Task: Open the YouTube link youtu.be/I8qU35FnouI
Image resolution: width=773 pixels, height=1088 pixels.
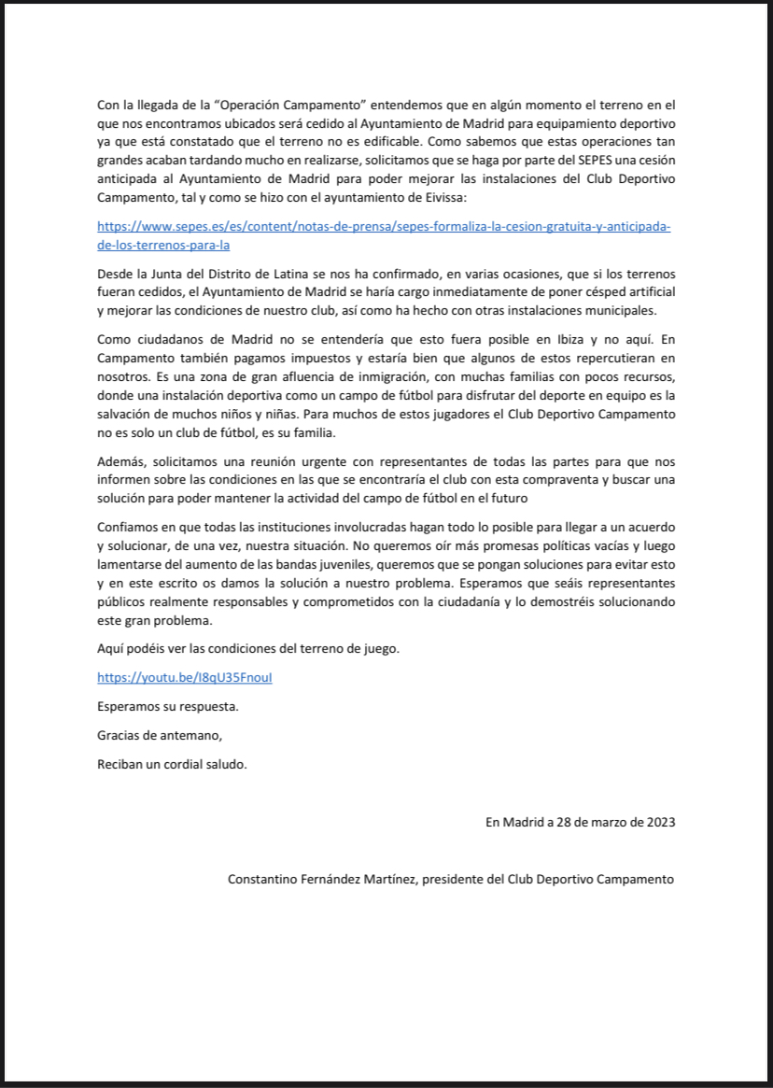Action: point(185,678)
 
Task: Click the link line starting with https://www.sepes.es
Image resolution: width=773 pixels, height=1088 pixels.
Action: point(384,227)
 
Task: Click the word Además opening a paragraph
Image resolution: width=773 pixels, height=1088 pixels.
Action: point(120,461)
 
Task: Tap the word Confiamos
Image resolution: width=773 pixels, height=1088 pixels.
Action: point(128,527)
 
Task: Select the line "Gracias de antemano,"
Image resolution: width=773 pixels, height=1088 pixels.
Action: point(161,735)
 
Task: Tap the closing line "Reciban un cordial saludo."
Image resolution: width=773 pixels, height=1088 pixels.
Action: point(173,764)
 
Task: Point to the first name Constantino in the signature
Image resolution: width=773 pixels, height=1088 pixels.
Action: point(265,879)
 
